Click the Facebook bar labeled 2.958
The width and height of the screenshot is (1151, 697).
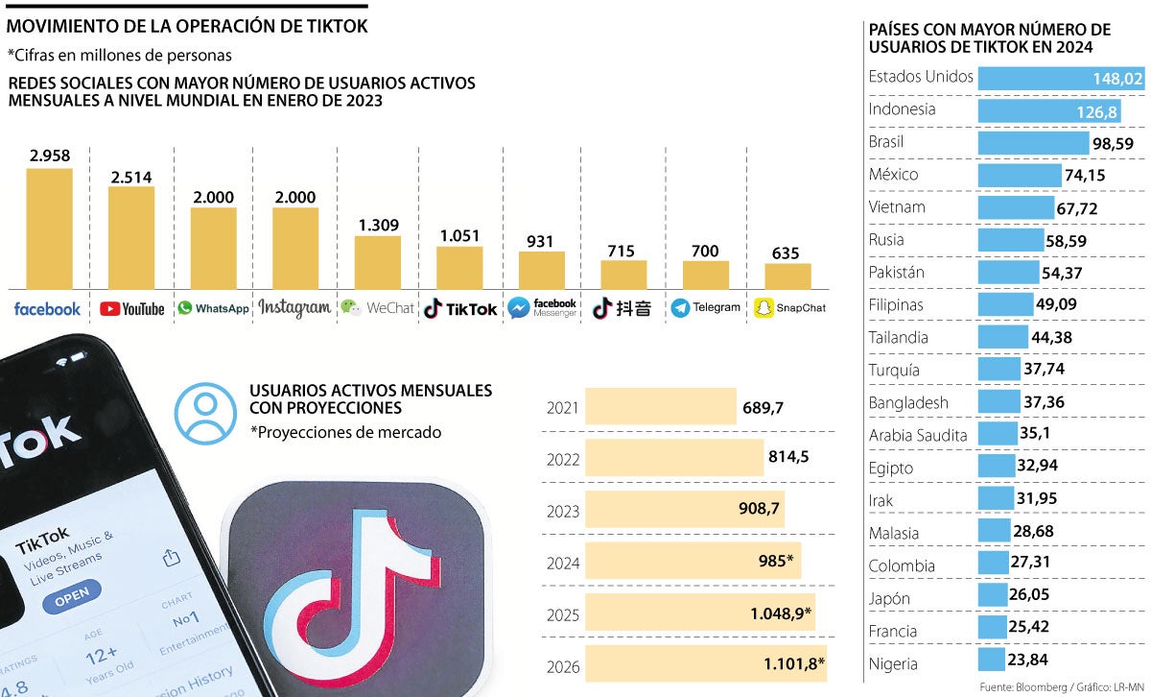click(49, 228)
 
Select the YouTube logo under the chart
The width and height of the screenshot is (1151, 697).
click(131, 309)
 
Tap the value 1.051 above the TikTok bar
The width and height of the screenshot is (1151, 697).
click(459, 235)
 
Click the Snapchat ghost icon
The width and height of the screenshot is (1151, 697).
click(763, 307)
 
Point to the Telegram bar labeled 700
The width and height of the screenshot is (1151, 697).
click(705, 275)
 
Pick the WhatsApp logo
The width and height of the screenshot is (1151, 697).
click(213, 308)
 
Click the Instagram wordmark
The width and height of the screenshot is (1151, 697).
click(294, 308)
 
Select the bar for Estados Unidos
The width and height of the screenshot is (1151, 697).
click(1061, 79)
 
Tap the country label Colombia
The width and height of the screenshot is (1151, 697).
click(902, 565)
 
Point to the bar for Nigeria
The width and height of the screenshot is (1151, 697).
click(991, 661)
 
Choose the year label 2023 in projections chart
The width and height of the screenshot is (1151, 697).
click(562, 512)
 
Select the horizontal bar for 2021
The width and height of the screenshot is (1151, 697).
click(660, 407)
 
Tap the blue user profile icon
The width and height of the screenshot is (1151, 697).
click(204, 413)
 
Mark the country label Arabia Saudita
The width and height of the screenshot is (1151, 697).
click(918, 435)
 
